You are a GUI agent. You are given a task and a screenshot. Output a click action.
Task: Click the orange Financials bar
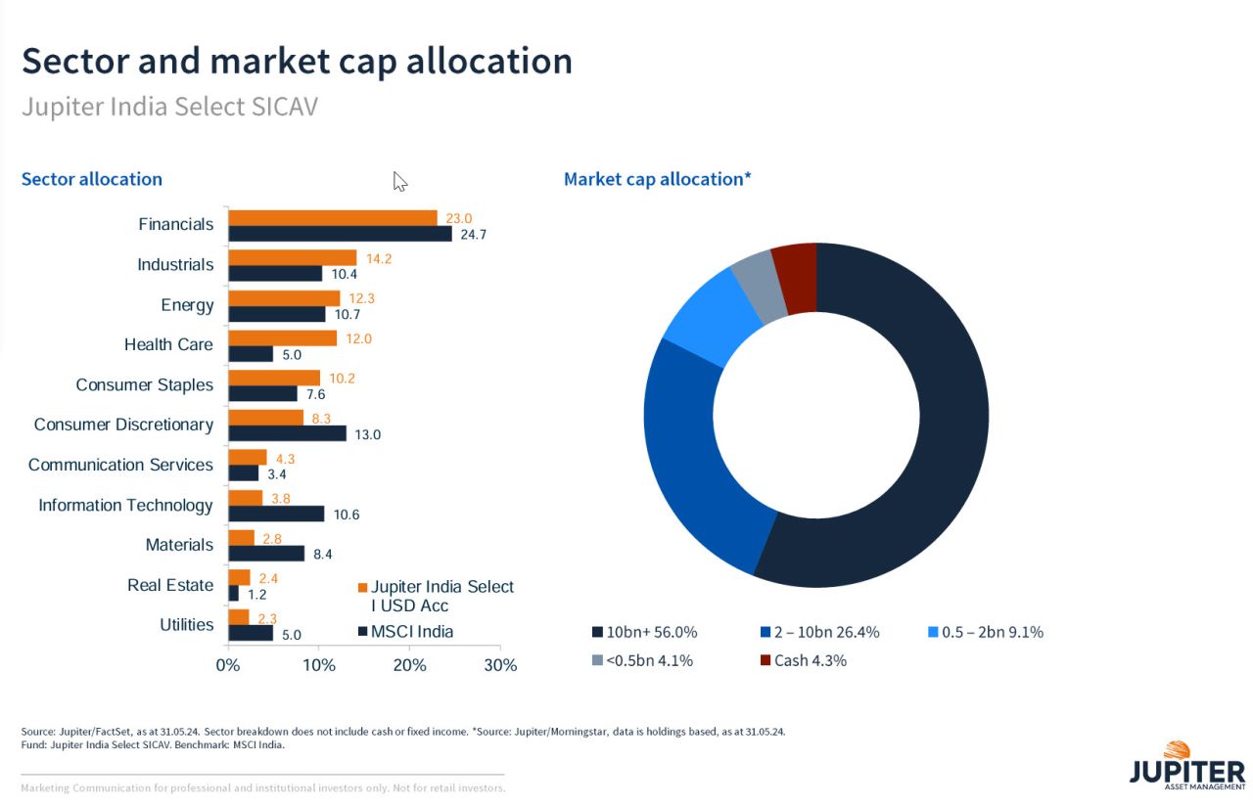(x=333, y=217)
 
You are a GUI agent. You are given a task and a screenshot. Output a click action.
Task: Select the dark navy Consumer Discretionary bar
(x=287, y=433)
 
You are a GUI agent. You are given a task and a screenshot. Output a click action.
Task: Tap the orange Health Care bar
(x=282, y=337)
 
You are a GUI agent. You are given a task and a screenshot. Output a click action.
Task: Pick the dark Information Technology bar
(x=276, y=514)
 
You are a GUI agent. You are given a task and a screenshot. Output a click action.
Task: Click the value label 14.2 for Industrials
(x=379, y=258)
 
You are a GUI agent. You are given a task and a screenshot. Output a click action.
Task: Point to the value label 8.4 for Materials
(x=322, y=555)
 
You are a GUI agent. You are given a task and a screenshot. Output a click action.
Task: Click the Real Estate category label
(x=169, y=585)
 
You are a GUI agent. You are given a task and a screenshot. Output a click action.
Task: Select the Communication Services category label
(x=120, y=465)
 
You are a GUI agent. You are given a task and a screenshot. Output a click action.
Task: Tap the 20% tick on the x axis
(x=409, y=665)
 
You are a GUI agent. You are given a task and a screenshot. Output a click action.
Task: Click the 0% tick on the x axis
(x=228, y=665)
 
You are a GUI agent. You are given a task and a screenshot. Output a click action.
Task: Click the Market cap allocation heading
(x=657, y=179)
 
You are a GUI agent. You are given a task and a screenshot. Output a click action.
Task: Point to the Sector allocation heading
(x=92, y=179)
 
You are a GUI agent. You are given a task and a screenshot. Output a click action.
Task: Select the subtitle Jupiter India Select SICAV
(x=169, y=107)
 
